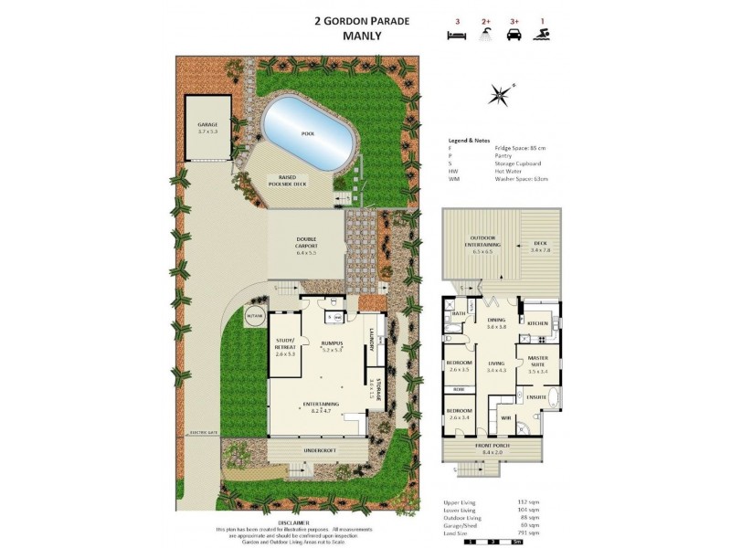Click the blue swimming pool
point(309,133)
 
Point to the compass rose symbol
point(500,91)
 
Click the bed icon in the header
point(454,36)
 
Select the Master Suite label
point(536,366)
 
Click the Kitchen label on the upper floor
point(537,323)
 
